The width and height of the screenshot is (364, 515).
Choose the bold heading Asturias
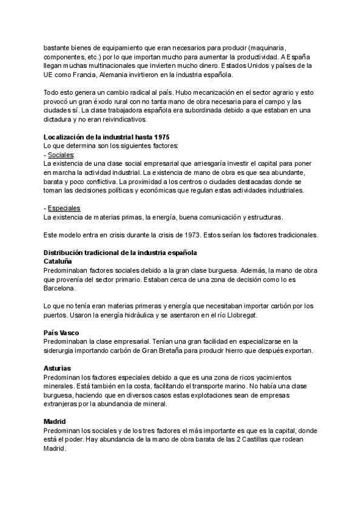pyautogui.click(x=58, y=368)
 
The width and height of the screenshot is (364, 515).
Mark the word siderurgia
pyautogui.click(x=64, y=350)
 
